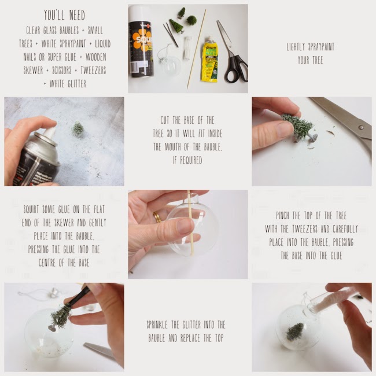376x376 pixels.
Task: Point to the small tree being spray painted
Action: click(78, 128)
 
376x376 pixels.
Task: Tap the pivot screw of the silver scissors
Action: click(362, 127)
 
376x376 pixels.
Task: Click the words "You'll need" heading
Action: click(65, 16)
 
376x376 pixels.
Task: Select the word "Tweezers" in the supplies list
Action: click(93, 70)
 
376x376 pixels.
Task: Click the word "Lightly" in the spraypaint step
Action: click(296, 47)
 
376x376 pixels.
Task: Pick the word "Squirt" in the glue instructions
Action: click(31, 209)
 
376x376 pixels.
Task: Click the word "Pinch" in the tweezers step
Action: click(284, 216)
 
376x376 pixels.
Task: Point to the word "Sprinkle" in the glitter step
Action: click(157, 325)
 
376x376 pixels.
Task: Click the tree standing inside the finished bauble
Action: click(294, 331)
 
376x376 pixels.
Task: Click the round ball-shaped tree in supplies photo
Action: click(191, 20)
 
